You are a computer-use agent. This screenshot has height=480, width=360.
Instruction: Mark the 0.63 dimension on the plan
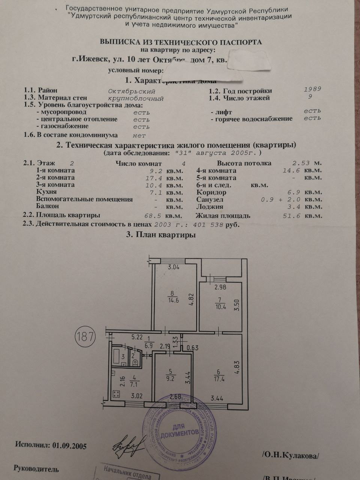[192, 348]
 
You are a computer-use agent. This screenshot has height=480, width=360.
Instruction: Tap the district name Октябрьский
[131, 91]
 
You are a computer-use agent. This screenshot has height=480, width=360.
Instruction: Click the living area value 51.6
[291, 216]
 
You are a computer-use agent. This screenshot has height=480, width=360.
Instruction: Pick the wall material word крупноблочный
[136, 99]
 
